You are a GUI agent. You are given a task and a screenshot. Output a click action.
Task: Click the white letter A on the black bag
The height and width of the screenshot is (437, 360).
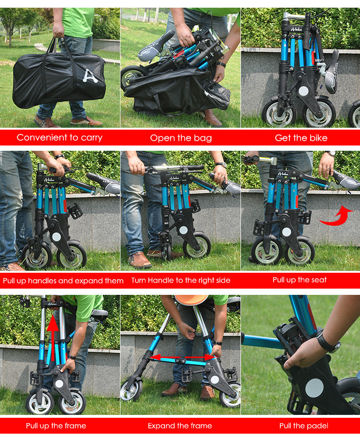coord(90,76)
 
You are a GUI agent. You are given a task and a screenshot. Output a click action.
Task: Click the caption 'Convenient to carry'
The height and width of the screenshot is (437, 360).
coord(60,137)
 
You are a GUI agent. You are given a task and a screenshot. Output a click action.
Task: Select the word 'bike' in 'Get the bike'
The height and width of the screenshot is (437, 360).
coord(317,138)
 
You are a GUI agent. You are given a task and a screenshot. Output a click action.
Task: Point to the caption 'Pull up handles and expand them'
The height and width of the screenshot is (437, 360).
coord(63,280)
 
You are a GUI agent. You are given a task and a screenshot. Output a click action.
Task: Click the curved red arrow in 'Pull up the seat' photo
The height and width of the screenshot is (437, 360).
coord(336,216)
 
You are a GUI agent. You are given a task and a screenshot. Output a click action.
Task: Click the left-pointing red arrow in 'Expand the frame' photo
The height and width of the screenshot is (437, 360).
coord(166,357)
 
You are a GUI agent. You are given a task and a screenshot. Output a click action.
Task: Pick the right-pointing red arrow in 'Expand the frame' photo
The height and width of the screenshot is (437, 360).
coord(200,357)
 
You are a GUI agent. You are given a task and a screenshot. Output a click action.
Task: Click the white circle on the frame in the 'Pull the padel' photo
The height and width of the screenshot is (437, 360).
coord(314,388)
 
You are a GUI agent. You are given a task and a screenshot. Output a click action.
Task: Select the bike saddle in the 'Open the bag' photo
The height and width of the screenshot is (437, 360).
coord(156,46)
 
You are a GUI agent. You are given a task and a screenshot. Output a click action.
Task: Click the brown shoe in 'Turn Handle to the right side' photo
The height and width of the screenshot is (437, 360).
coord(139,259)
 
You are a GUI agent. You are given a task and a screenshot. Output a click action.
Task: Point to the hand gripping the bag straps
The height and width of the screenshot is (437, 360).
coord(59,30)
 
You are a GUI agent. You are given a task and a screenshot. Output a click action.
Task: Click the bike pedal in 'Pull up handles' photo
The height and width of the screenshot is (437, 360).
coord(75,211)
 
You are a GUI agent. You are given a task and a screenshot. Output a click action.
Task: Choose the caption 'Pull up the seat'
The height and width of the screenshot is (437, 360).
coord(300,280)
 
